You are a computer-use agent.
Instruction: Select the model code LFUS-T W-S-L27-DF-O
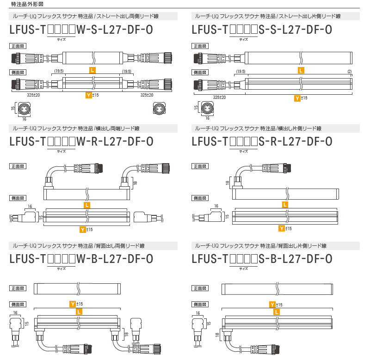coord(81,30)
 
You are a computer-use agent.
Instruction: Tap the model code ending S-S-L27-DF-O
coord(262,30)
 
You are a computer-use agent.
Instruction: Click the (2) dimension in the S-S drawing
coord(350,71)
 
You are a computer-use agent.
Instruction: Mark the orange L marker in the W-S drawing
coord(93,70)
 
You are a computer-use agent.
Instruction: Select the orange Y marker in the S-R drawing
coord(281,229)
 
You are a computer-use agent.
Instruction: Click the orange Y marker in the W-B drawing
coord(72,303)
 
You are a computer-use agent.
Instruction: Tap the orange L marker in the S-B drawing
coord(276,312)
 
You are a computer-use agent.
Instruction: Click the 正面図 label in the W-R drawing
coord(17,165)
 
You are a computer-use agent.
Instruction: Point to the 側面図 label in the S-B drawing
coord(199,304)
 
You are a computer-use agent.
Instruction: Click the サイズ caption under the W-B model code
coord(61,268)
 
